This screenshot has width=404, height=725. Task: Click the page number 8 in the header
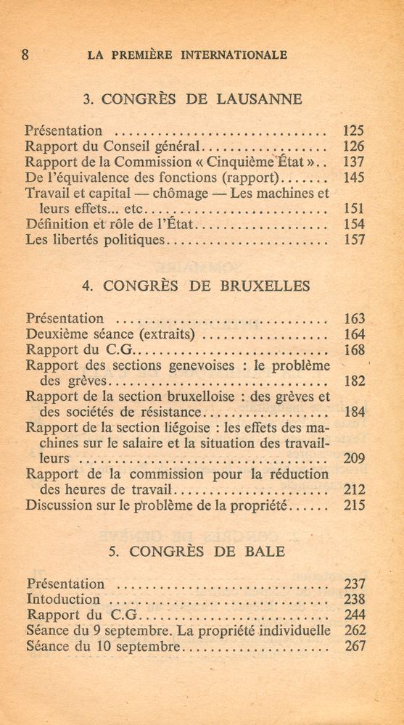tap(25, 54)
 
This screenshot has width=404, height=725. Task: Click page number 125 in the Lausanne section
tap(353, 131)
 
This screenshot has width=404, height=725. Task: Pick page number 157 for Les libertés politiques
tap(353, 240)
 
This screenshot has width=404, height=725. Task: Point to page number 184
tap(354, 412)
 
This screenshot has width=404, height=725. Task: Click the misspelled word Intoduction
tap(63, 599)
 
